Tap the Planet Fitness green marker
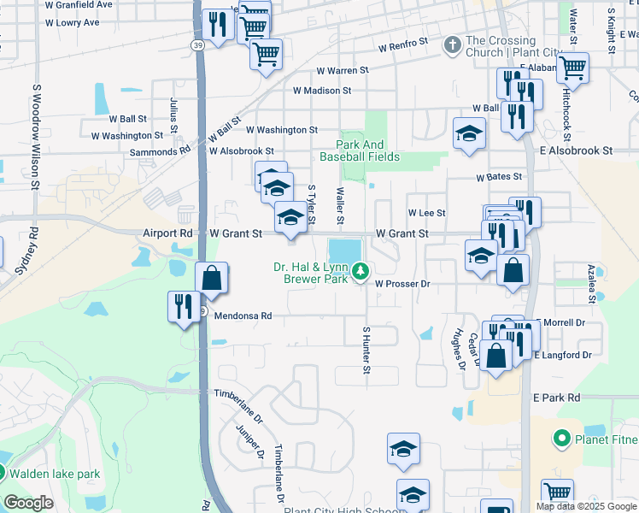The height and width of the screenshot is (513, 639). tap(562, 439)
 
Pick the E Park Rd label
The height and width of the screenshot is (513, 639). tap(556, 398)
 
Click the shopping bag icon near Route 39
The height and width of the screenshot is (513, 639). tap(211, 278)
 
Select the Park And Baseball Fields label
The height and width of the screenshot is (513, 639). tap(360, 151)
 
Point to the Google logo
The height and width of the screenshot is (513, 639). tap(28, 503)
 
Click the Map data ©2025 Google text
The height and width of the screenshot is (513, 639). tap(587, 506)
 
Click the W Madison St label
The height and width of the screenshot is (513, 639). tap(322, 90)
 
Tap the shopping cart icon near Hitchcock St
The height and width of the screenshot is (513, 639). tap(572, 67)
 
